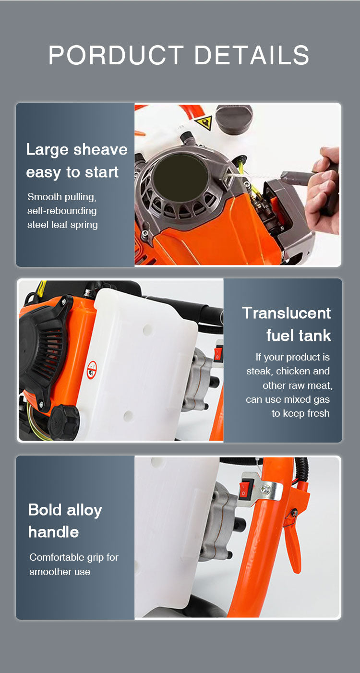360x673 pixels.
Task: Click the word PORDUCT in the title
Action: click(116, 55)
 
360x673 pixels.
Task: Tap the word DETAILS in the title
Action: click(252, 55)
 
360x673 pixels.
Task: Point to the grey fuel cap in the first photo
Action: click(234, 118)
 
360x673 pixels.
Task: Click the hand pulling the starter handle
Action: click(323, 189)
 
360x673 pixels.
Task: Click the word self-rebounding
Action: click(62, 211)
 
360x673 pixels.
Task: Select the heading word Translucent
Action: click(287, 313)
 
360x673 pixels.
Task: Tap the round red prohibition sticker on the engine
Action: click(92, 370)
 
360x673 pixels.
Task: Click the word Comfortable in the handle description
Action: click(54, 557)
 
